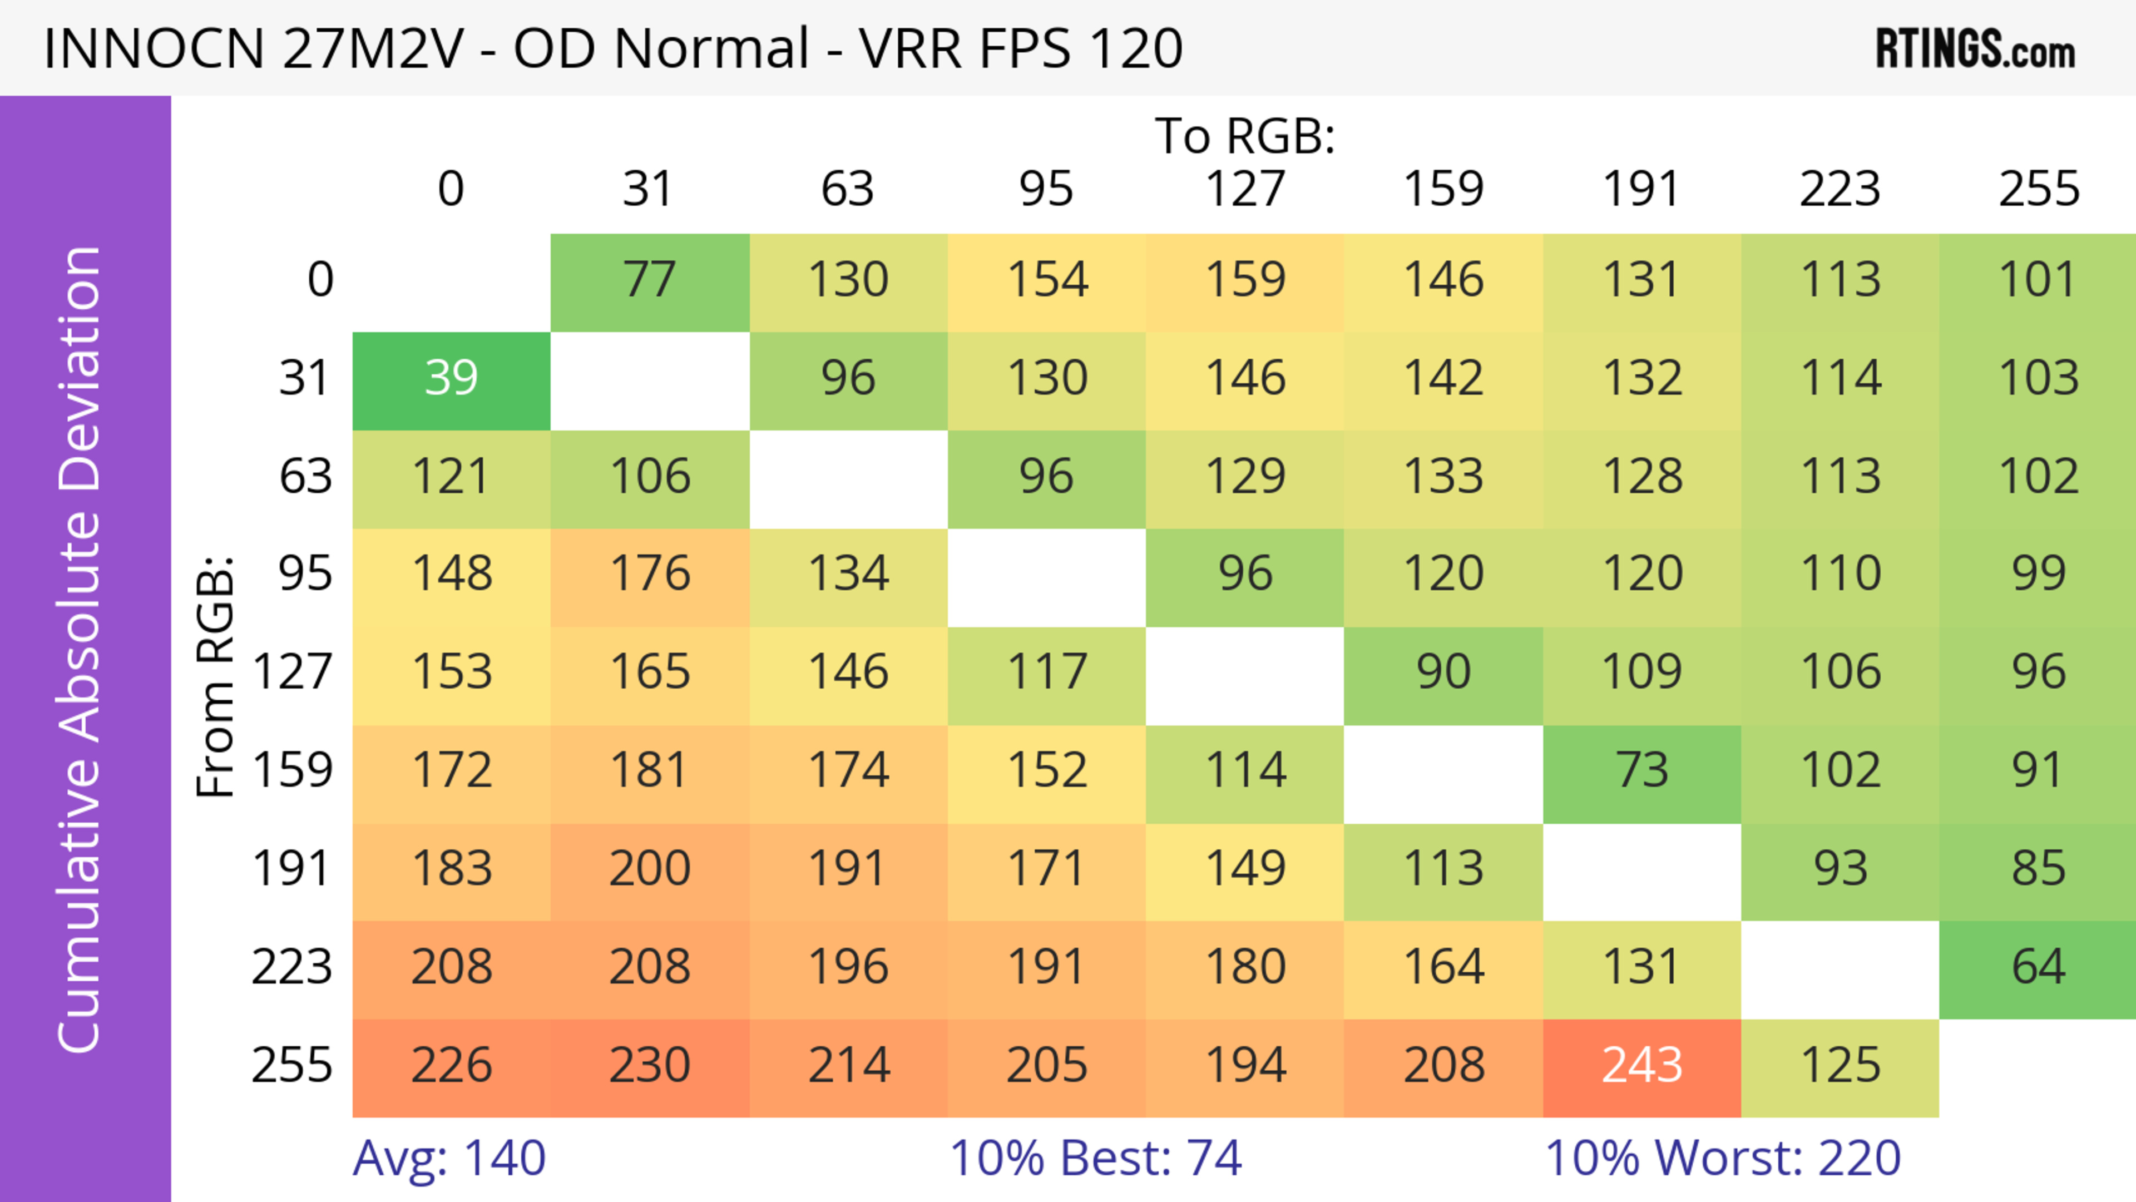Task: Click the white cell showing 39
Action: pos(451,379)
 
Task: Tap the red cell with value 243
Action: pos(1642,1065)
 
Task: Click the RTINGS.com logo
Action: pos(1975,50)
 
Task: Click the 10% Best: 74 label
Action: pos(1095,1158)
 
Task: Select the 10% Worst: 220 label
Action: pos(1723,1158)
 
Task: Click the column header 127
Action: pos(1245,190)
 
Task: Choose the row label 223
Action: pos(292,967)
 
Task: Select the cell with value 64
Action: pos(2038,967)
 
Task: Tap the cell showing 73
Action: pos(1642,771)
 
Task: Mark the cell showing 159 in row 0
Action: pos(1245,280)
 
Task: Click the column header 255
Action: pos(2038,190)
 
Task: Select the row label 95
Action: pos(305,573)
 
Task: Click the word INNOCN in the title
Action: pos(154,49)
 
